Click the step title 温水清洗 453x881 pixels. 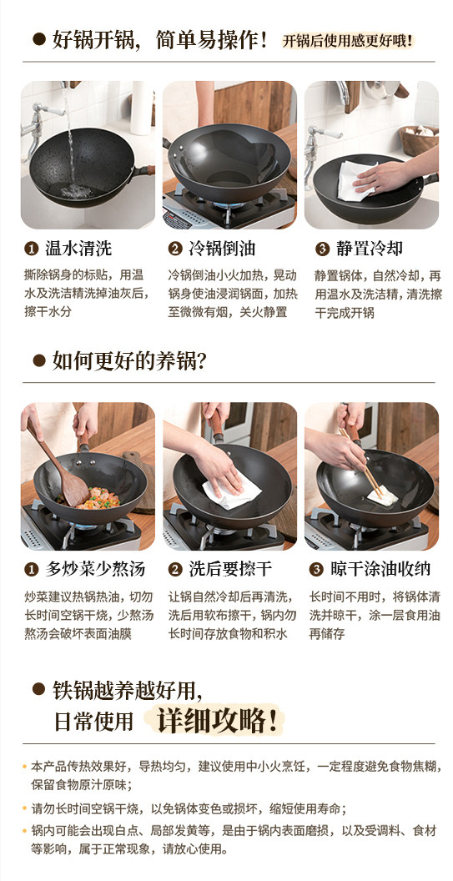click(78, 249)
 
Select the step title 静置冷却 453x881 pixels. click(370, 249)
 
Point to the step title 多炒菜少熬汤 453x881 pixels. click(95, 569)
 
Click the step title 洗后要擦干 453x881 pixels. click(230, 569)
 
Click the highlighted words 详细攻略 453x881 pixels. click(217, 720)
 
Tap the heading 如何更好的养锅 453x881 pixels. click(129, 360)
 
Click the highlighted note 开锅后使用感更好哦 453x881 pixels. click(348, 40)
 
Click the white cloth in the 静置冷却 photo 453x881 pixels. click(355, 180)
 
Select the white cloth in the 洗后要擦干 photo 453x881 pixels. click(230, 490)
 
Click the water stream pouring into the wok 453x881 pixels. click(70, 135)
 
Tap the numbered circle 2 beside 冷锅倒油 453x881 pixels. click(176, 249)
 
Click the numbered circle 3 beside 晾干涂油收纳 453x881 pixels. click(317, 570)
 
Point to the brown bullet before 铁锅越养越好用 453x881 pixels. click(38, 689)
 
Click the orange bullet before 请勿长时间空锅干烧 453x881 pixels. click(24, 809)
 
